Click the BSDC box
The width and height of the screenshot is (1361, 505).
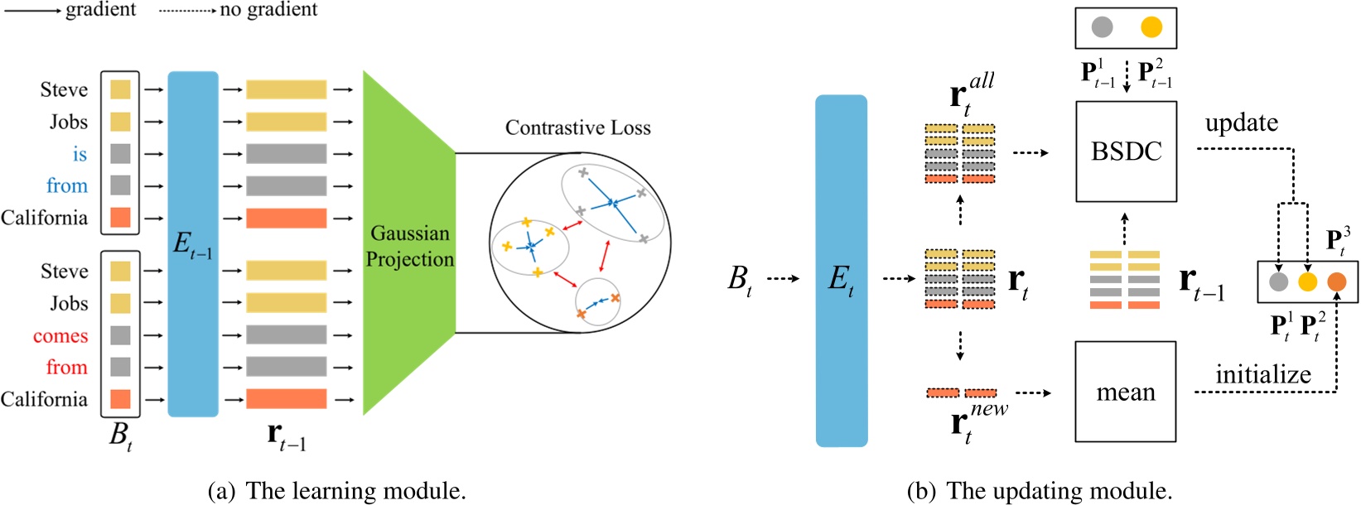tap(1126, 151)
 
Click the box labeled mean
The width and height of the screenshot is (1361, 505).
tap(1125, 392)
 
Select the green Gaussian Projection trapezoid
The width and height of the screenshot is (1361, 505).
tap(409, 245)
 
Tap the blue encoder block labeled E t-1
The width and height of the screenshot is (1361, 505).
tap(193, 243)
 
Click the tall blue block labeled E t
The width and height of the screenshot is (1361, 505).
tap(841, 271)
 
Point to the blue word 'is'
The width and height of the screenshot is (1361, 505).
tap(80, 154)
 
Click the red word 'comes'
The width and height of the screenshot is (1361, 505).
tap(60, 336)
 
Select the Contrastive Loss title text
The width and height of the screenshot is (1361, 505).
tap(577, 128)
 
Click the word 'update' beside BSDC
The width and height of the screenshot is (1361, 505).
tap(1241, 123)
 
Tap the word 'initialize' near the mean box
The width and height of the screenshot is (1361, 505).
tap(1262, 375)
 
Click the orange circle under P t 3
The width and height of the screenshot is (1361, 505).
tap(1336, 282)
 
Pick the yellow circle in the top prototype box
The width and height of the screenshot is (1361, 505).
tap(1151, 27)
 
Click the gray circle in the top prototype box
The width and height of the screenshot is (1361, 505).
tap(1102, 27)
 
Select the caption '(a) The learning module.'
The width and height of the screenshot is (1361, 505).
tap(336, 491)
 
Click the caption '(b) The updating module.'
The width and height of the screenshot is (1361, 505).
tap(1040, 491)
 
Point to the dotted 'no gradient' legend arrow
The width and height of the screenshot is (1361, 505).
tap(186, 11)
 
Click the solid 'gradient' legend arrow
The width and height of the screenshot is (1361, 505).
tap(31, 11)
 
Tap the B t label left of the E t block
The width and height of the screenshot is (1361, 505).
tap(740, 279)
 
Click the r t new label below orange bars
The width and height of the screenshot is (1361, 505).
tap(977, 423)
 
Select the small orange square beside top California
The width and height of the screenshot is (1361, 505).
tap(120, 218)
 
